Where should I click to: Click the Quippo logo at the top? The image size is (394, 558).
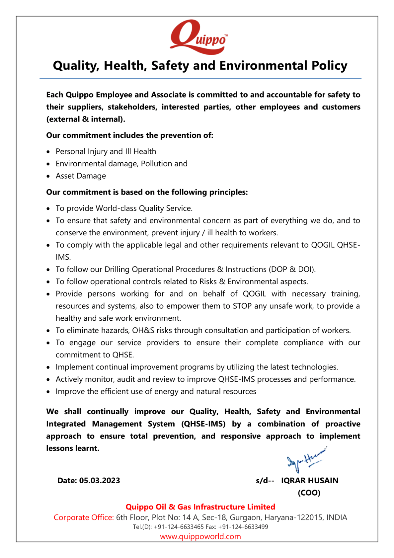(198, 38)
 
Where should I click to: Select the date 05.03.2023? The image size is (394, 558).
(100, 481)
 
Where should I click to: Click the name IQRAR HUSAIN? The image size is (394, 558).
(310, 481)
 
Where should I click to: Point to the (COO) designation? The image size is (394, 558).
(309, 493)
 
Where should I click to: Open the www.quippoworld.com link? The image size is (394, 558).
(200, 537)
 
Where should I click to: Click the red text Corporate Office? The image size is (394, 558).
(84, 518)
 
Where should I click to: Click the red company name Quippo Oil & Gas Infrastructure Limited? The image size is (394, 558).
(200, 507)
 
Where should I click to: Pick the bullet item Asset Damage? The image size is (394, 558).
(81, 176)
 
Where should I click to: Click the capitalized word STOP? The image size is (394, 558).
(242, 306)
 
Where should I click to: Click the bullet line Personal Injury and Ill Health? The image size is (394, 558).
(106, 152)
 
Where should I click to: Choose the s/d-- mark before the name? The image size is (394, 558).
(265, 481)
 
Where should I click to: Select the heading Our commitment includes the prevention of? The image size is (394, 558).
(129, 135)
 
